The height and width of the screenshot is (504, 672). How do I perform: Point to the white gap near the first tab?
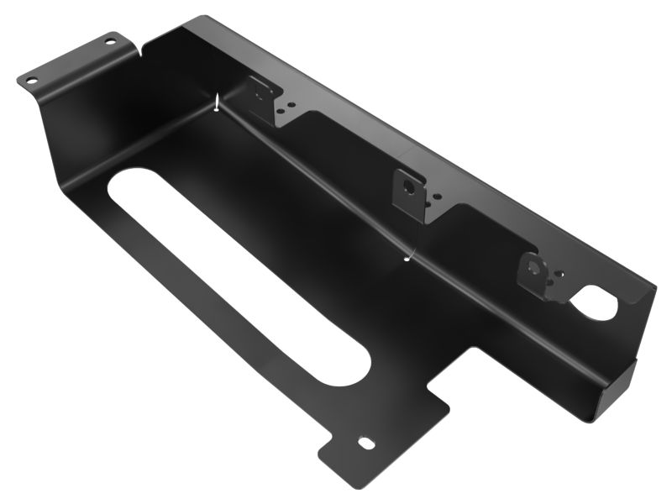click(218, 104)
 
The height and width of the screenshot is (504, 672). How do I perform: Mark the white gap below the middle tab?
click(408, 257)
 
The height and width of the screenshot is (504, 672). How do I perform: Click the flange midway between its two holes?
click(70, 60)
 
